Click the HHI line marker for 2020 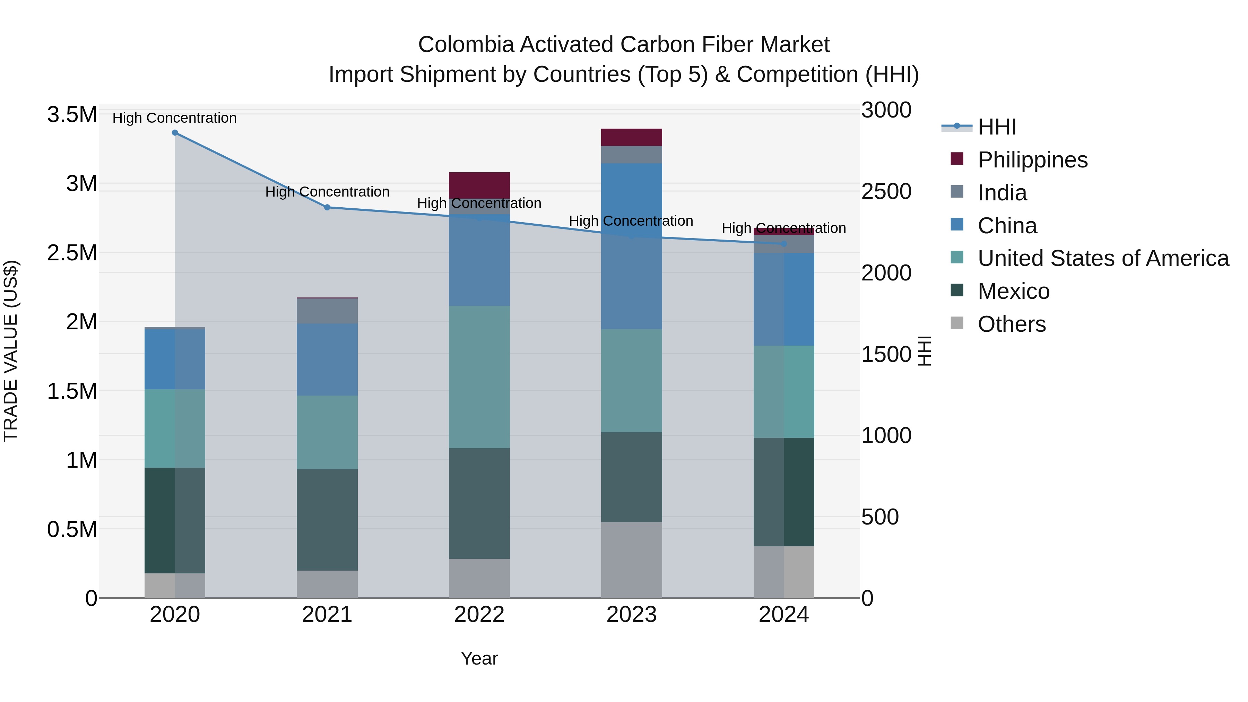coord(175,133)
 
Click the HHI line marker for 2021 coord(327,207)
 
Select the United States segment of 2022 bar coord(479,377)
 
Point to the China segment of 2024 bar coord(783,300)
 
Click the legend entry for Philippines coord(1032,160)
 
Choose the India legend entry coord(1002,193)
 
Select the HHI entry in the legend coord(997,127)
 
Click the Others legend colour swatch coord(957,323)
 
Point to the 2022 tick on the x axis coord(479,615)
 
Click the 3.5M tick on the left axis coord(72,115)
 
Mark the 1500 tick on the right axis coord(886,354)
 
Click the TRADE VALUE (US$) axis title coord(11,351)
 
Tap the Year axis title coord(479,658)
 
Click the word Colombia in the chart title coord(465,45)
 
